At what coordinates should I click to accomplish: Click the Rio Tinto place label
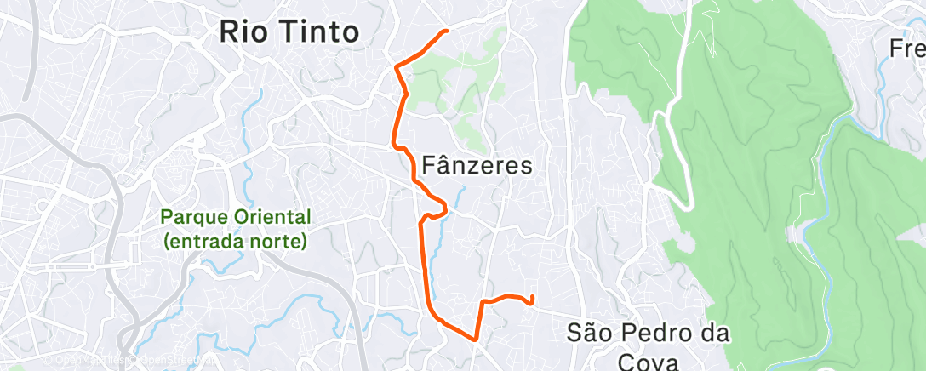coord(289,32)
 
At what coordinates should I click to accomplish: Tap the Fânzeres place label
coord(477,165)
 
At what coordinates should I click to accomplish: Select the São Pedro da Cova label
coord(648,345)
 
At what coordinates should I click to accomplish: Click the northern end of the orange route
coord(446,31)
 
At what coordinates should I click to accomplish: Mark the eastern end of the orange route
coord(532,298)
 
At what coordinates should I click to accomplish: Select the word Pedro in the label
coord(644,333)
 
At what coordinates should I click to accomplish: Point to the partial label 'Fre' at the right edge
coord(907,49)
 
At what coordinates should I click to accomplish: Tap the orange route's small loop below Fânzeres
coord(437,208)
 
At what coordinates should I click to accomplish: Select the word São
coord(589,333)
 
